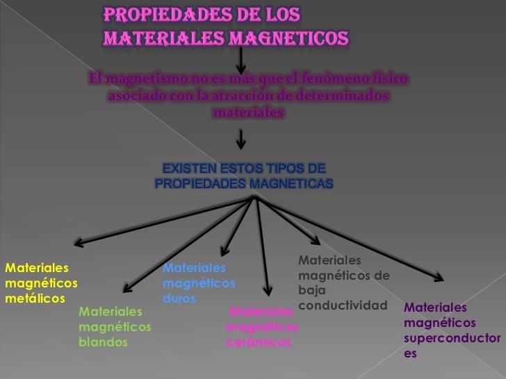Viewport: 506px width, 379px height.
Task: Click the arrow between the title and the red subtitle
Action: pyautogui.click(x=240, y=55)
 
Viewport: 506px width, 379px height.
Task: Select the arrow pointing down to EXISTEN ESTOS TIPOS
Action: pyautogui.click(x=240, y=142)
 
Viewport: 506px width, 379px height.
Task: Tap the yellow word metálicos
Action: pyautogui.click(x=34, y=298)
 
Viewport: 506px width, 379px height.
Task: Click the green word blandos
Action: pyautogui.click(x=104, y=342)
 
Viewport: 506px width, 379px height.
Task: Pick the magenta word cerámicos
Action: pyautogui.click(x=259, y=343)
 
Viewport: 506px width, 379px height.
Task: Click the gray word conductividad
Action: pyautogui.click(x=341, y=305)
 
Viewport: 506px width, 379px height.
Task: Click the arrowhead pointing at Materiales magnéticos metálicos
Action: pyautogui.click(x=79, y=243)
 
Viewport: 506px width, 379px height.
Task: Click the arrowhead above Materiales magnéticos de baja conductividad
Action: pyautogui.click(x=315, y=241)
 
